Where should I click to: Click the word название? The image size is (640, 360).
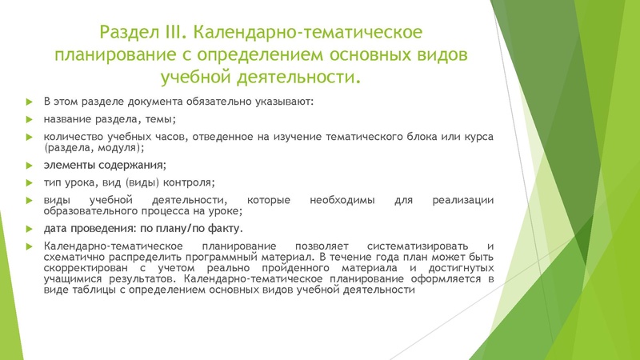(x=70, y=119)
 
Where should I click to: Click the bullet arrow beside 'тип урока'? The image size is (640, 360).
(x=30, y=182)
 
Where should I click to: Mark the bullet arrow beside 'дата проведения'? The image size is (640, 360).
(x=30, y=229)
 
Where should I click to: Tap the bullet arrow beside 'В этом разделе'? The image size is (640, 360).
(x=30, y=102)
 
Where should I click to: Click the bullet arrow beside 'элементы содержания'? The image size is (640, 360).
(x=30, y=166)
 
